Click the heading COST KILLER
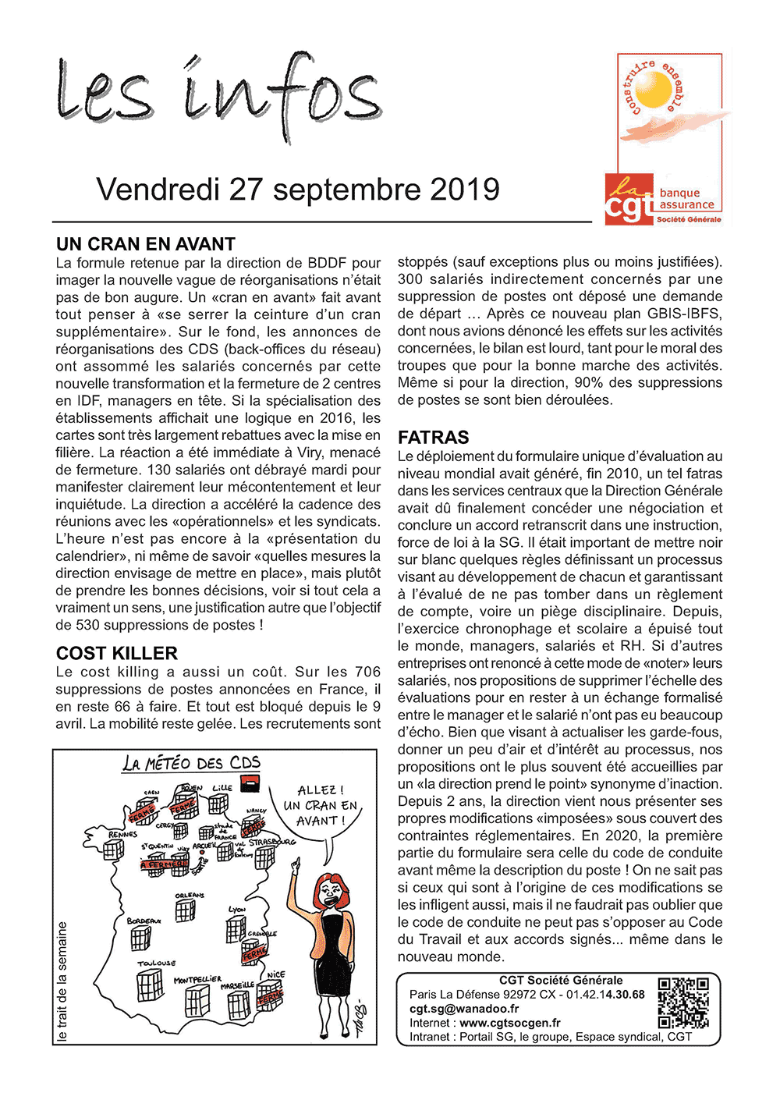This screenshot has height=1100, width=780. (117, 654)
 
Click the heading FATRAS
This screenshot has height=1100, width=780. (434, 438)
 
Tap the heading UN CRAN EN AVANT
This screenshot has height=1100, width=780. (146, 245)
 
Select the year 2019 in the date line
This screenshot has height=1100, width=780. (464, 190)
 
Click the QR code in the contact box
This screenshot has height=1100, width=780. (683, 1003)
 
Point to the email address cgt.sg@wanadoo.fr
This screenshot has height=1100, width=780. (464, 1009)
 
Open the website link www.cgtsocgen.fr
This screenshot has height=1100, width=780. (510, 1023)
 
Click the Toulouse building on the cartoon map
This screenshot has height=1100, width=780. (150, 986)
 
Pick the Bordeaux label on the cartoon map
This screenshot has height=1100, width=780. (144, 921)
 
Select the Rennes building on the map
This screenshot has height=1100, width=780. (114, 850)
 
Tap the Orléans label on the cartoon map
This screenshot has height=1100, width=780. (190, 895)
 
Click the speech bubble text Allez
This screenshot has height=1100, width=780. (320, 790)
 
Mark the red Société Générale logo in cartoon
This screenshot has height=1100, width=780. (250, 784)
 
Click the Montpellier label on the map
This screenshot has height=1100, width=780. (197, 979)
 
